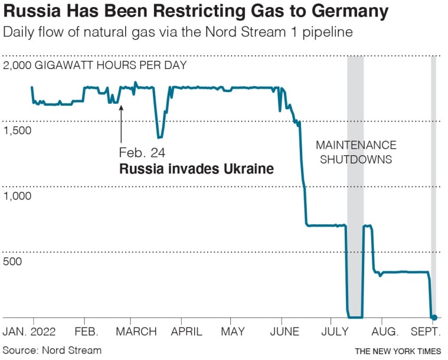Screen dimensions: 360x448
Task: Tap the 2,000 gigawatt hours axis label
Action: pyautogui.click(x=94, y=66)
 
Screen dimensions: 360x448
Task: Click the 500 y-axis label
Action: pyautogui.click(x=12, y=261)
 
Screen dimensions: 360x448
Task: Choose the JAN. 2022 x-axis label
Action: pyautogui.click(x=30, y=332)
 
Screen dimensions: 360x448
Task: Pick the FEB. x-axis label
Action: pyautogui.click(x=87, y=332)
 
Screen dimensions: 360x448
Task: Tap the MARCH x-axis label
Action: pyautogui.click(x=137, y=332)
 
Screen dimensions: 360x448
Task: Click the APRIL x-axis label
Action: pyautogui.click(x=187, y=332)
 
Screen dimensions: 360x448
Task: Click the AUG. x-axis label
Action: pyautogui.click(x=384, y=332)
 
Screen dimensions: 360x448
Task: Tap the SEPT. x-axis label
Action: pyautogui.click(x=427, y=332)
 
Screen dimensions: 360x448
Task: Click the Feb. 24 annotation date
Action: pyautogui.click(x=142, y=153)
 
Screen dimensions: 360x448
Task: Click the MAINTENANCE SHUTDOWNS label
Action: pyautogui.click(x=356, y=152)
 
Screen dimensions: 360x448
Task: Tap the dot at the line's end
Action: pyautogui.click(x=434, y=318)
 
